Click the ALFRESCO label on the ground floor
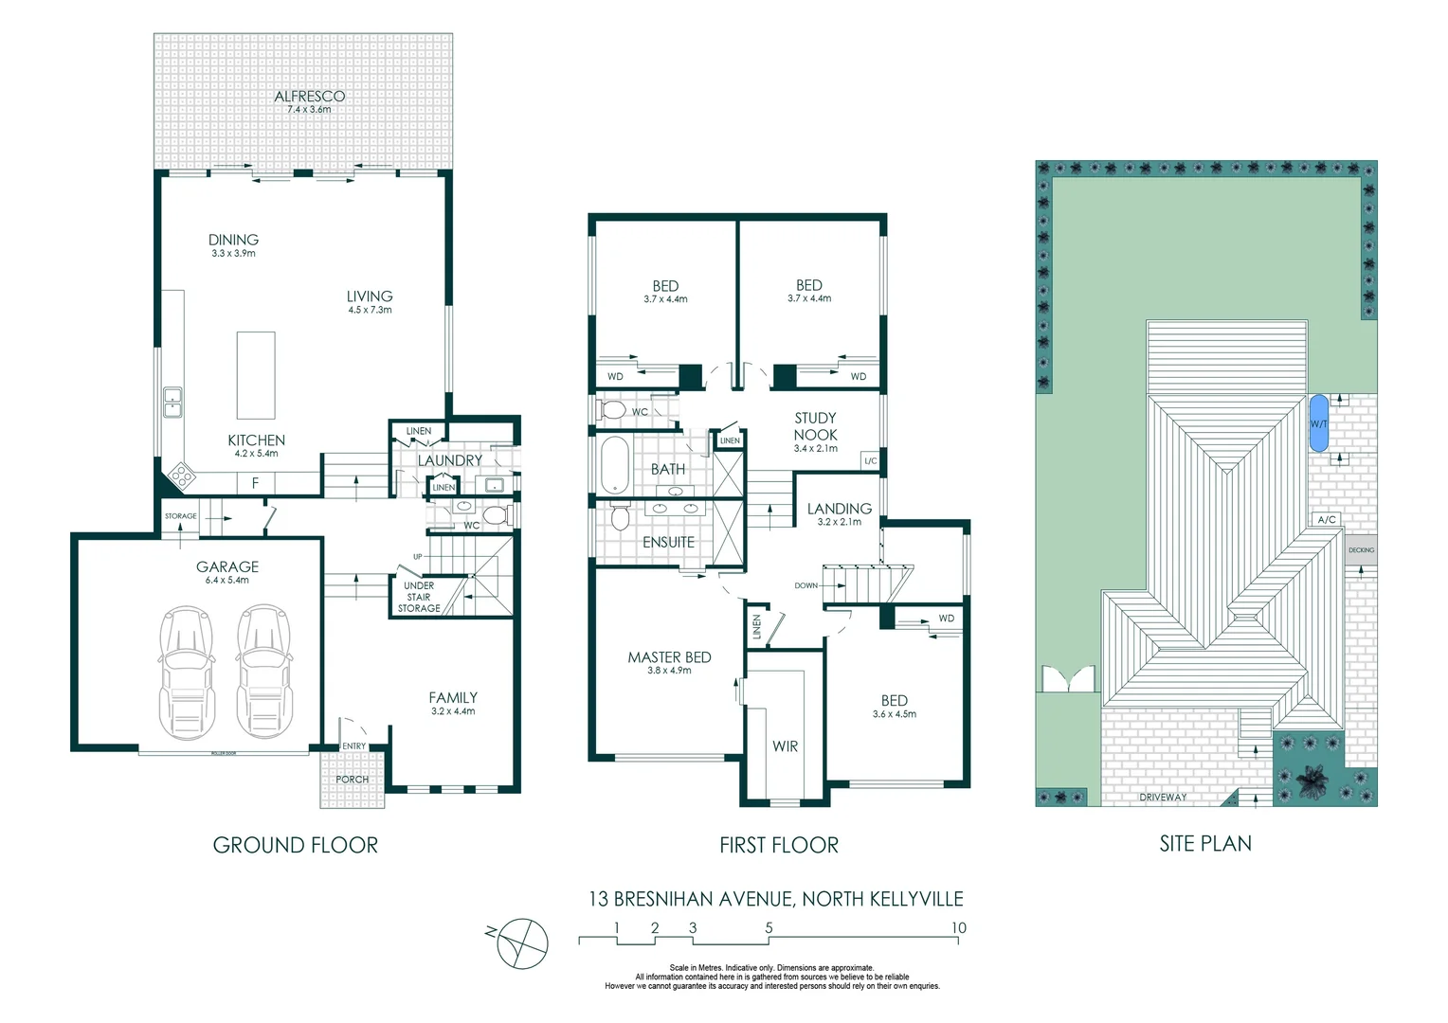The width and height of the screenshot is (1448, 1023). (x=309, y=97)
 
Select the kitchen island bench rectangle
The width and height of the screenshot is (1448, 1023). (x=256, y=375)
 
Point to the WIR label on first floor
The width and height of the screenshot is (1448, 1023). (x=785, y=746)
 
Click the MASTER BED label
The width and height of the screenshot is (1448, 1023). (x=669, y=657)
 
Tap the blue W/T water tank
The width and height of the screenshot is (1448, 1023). (x=1318, y=423)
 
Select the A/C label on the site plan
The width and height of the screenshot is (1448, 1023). (x=1327, y=520)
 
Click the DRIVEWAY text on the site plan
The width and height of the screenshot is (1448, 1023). (x=1163, y=798)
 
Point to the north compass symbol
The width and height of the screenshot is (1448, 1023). (x=522, y=943)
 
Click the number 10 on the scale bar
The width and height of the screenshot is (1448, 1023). (x=958, y=928)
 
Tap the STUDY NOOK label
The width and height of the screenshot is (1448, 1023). (x=815, y=426)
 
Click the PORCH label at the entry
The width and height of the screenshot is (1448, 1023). (x=352, y=780)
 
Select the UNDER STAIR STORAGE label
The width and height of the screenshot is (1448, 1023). (x=419, y=597)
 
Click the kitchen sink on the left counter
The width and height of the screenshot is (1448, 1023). (x=172, y=403)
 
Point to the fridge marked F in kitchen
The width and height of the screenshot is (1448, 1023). (x=255, y=483)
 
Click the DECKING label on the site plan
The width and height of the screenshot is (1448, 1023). (x=1361, y=550)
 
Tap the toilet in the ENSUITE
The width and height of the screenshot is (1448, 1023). (x=621, y=517)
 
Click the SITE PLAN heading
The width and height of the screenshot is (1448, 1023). (x=1204, y=844)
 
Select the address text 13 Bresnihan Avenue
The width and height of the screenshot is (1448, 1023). (x=775, y=899)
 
